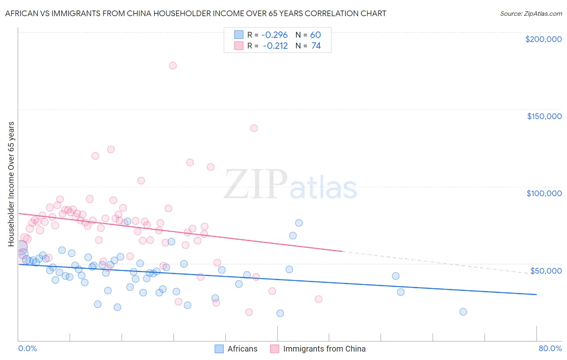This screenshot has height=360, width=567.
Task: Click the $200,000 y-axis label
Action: [x=543, y=39]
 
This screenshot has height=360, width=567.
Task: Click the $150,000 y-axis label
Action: [x=544, y=116]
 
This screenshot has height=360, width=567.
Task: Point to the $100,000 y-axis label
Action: [x=544, y=193]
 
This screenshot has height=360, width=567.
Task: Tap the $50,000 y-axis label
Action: [x=546, y=270]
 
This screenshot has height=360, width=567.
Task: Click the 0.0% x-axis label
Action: [x=27, y=348]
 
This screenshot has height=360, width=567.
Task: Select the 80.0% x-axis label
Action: [x=550, y=348]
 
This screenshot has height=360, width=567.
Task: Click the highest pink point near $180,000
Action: [x=173, y=65]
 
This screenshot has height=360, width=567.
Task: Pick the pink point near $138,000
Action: [x=254, y=128]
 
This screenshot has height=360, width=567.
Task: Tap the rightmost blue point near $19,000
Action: [x=463, y=312]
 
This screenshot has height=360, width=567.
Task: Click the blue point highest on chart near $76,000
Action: [x=299, y=223]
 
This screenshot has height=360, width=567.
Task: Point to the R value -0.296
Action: [x=275, y=35]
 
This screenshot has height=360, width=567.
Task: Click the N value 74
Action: [x=316, y=46]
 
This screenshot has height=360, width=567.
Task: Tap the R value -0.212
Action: [x=275, y=46]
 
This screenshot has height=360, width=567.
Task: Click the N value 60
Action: [x=315, y=35]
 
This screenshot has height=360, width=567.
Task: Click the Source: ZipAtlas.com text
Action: [x=531, y=14]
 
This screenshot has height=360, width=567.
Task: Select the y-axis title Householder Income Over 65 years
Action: [x=11, y=184]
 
